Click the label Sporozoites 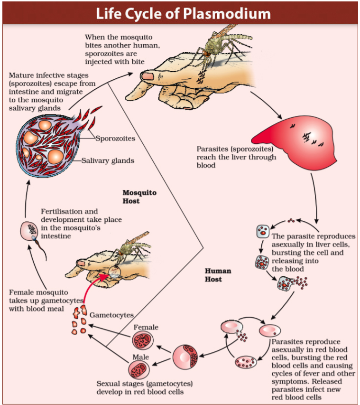115,139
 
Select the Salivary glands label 108,160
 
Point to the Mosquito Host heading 139,197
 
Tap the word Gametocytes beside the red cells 111,315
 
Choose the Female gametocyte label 146,327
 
